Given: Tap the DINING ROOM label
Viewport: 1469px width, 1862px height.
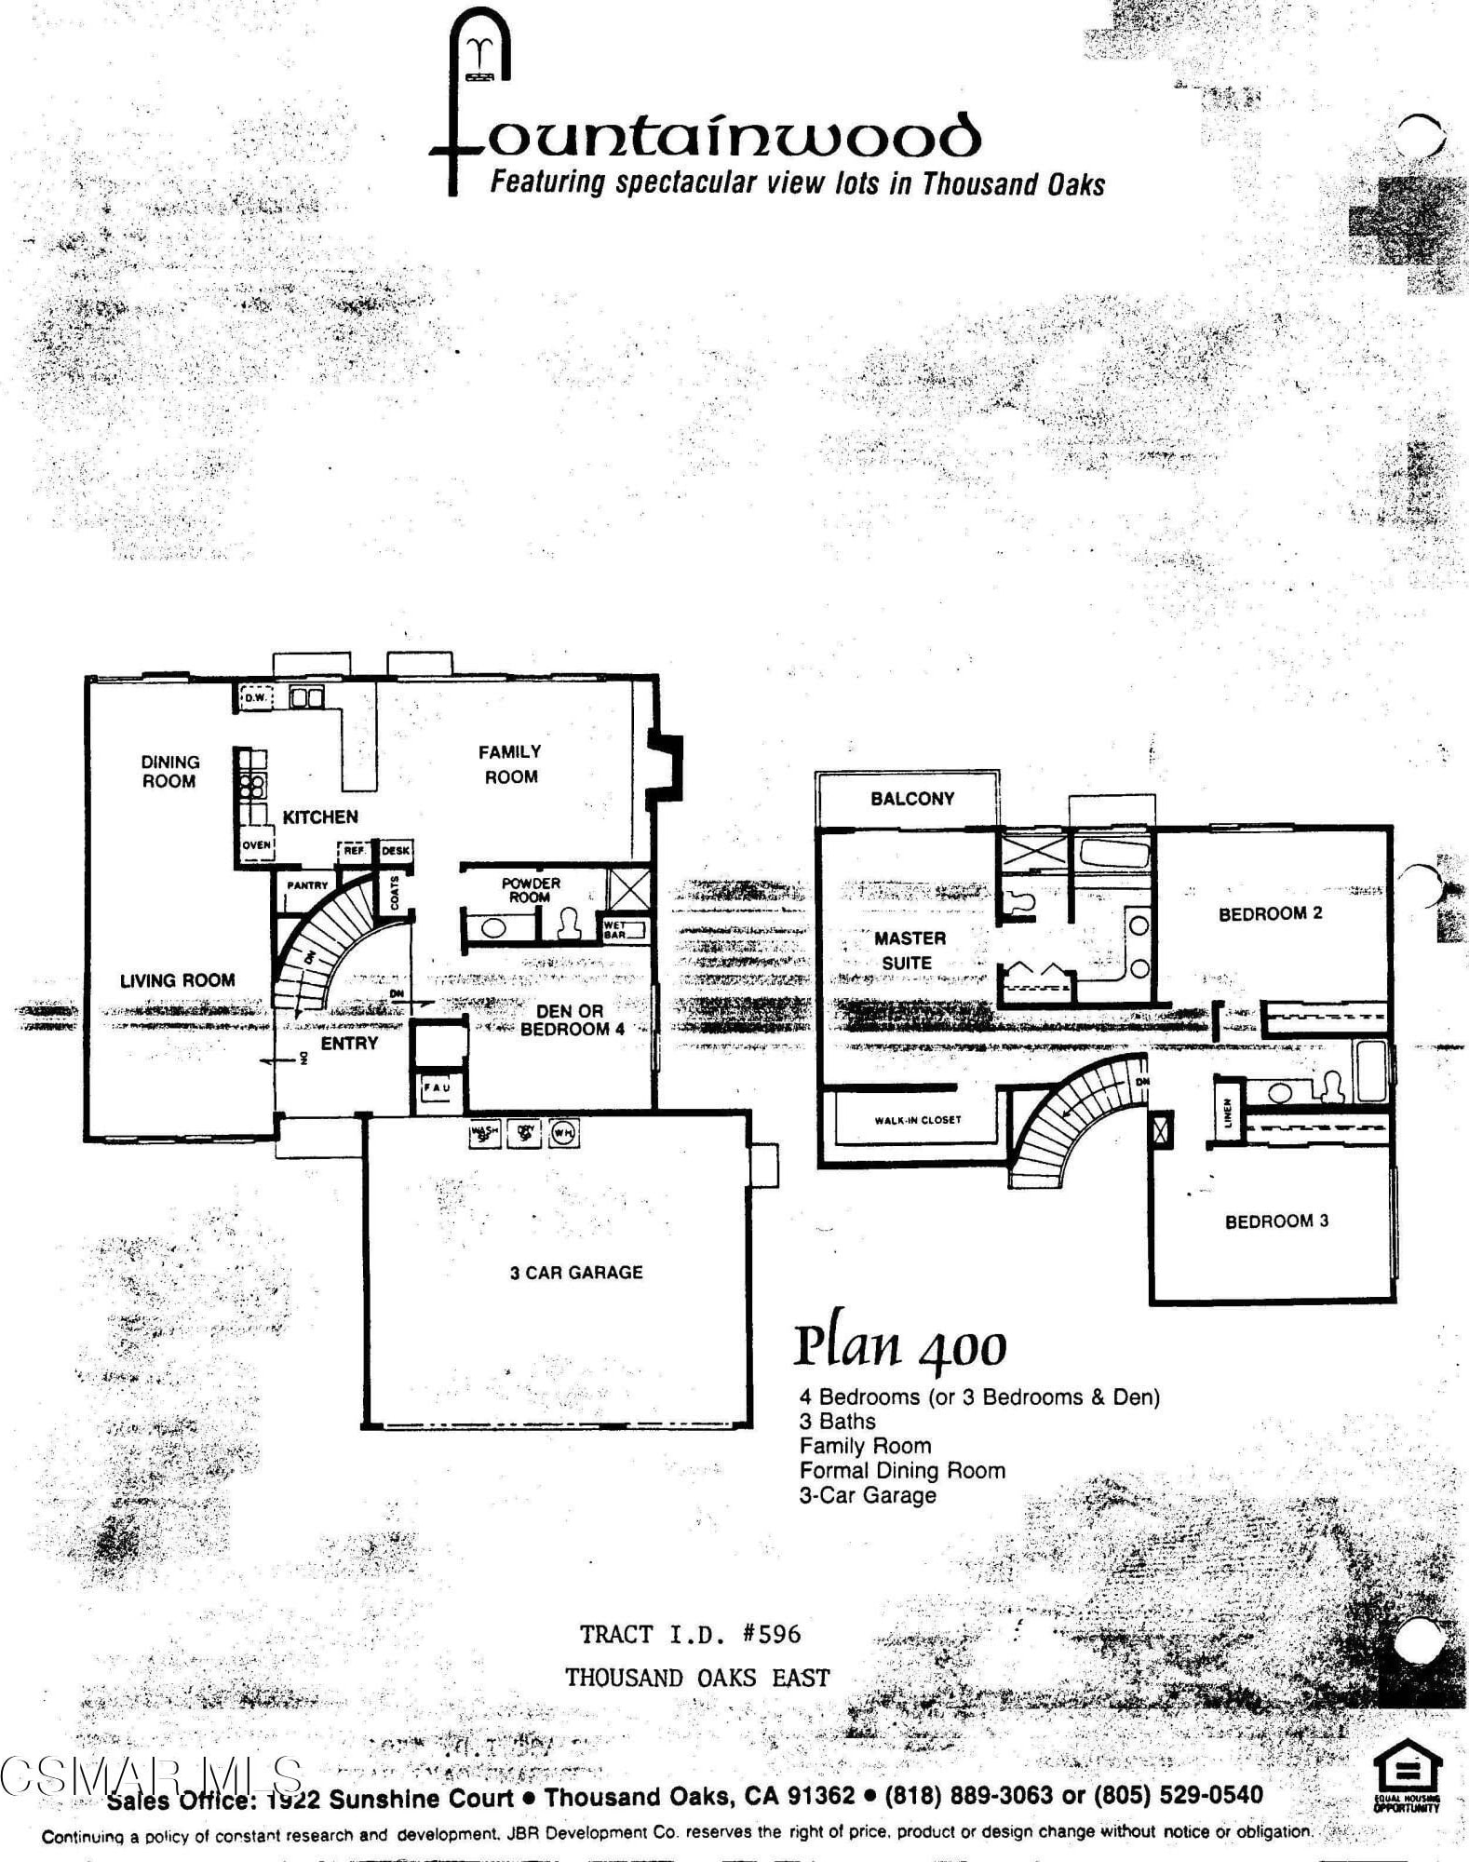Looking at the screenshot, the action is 169,772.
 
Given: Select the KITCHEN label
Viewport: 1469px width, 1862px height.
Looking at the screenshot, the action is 320,816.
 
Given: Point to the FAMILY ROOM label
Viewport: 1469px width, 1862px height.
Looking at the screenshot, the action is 510,763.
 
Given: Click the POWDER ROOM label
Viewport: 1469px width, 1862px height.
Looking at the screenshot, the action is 531,890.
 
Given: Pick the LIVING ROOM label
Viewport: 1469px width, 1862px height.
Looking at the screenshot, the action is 177,980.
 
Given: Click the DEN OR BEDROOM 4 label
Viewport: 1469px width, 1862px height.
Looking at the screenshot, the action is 571,1020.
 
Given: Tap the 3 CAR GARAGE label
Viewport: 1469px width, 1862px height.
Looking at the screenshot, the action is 576,1273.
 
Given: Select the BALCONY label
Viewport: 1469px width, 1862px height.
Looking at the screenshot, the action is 912,799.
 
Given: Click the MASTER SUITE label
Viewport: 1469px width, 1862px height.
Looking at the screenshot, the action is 910,951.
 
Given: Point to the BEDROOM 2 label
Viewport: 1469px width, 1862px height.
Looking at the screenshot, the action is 1270,914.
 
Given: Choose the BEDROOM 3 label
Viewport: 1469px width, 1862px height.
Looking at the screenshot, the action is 1276,1221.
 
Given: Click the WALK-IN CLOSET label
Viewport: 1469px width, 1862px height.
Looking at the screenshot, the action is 917,1120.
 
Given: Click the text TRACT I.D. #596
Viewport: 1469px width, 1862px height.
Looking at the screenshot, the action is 690,1634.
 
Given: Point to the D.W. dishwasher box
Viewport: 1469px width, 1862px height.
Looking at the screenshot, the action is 255,697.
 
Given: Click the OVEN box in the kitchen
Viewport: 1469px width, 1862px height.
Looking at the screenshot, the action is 256,845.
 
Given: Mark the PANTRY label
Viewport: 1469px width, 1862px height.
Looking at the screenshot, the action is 307,885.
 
